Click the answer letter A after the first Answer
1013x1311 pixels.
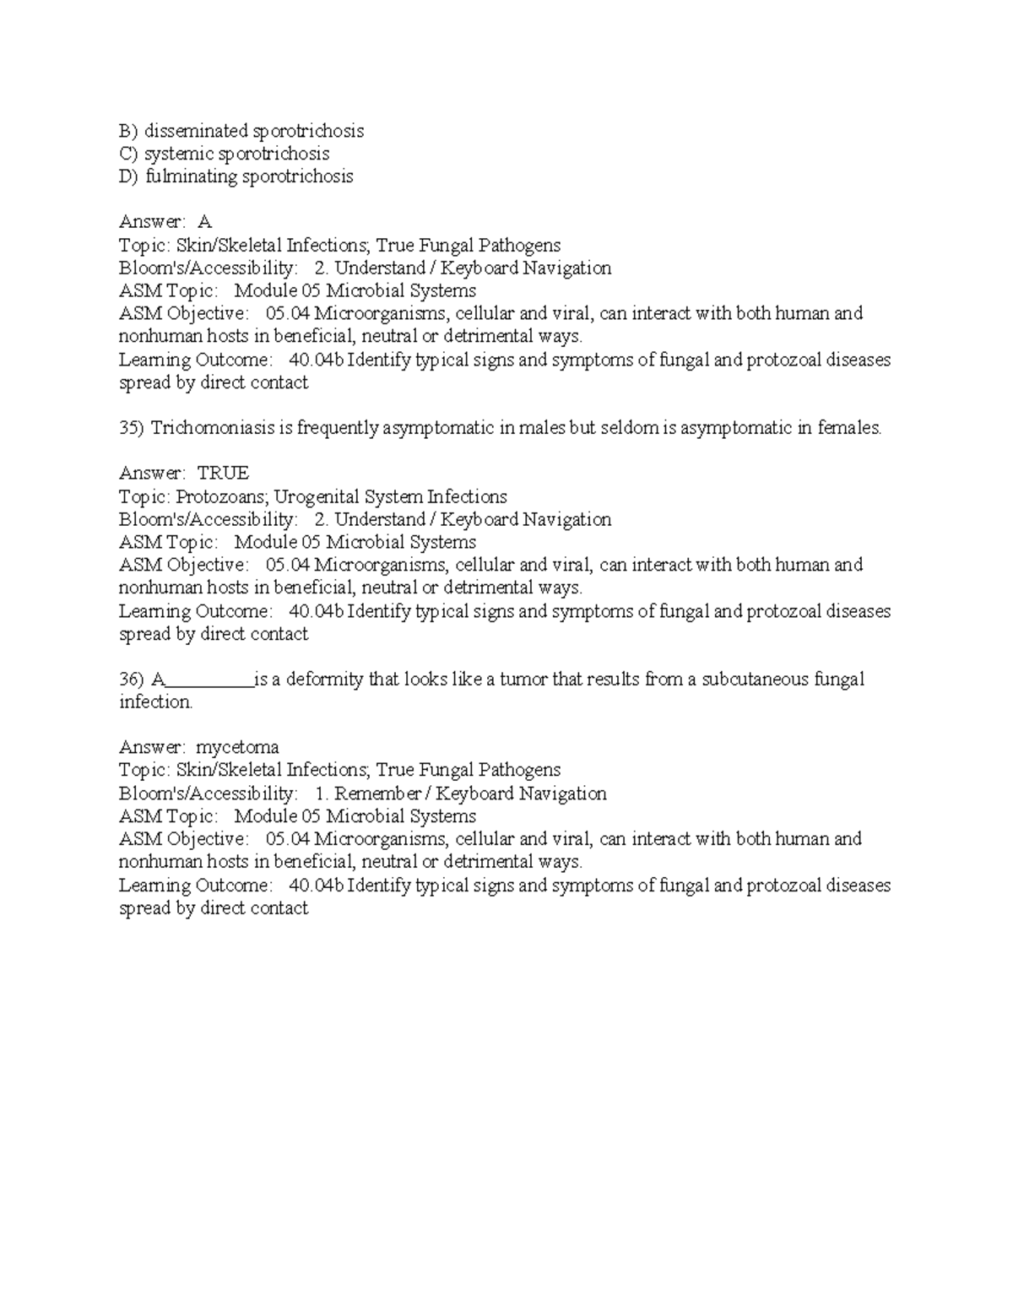(204, 222)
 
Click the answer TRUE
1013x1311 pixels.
(223, 474)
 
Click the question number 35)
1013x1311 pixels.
(132, 428)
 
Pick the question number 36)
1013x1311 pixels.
(132, 680)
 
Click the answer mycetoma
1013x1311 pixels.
(237, 747)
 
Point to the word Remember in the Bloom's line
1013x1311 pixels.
(377, 794)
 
